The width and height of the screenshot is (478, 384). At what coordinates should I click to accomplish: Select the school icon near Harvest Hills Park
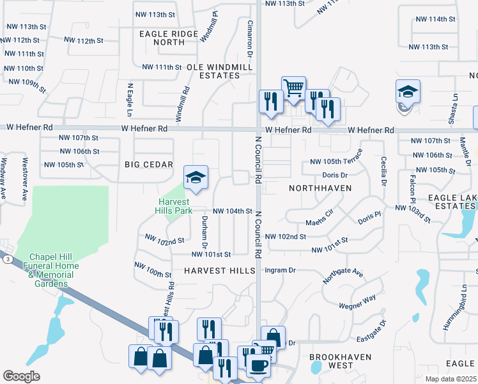click(196, 179)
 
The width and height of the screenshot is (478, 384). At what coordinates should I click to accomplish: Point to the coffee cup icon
click(259, 365)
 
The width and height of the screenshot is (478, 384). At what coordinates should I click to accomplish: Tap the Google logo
click(21, 376)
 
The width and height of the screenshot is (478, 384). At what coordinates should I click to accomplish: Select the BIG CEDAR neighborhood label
click(149, 164)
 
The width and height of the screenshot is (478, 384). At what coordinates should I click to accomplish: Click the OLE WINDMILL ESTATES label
click(213, 71)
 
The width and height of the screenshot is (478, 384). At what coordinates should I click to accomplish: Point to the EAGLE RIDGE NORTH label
click(169, 38)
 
